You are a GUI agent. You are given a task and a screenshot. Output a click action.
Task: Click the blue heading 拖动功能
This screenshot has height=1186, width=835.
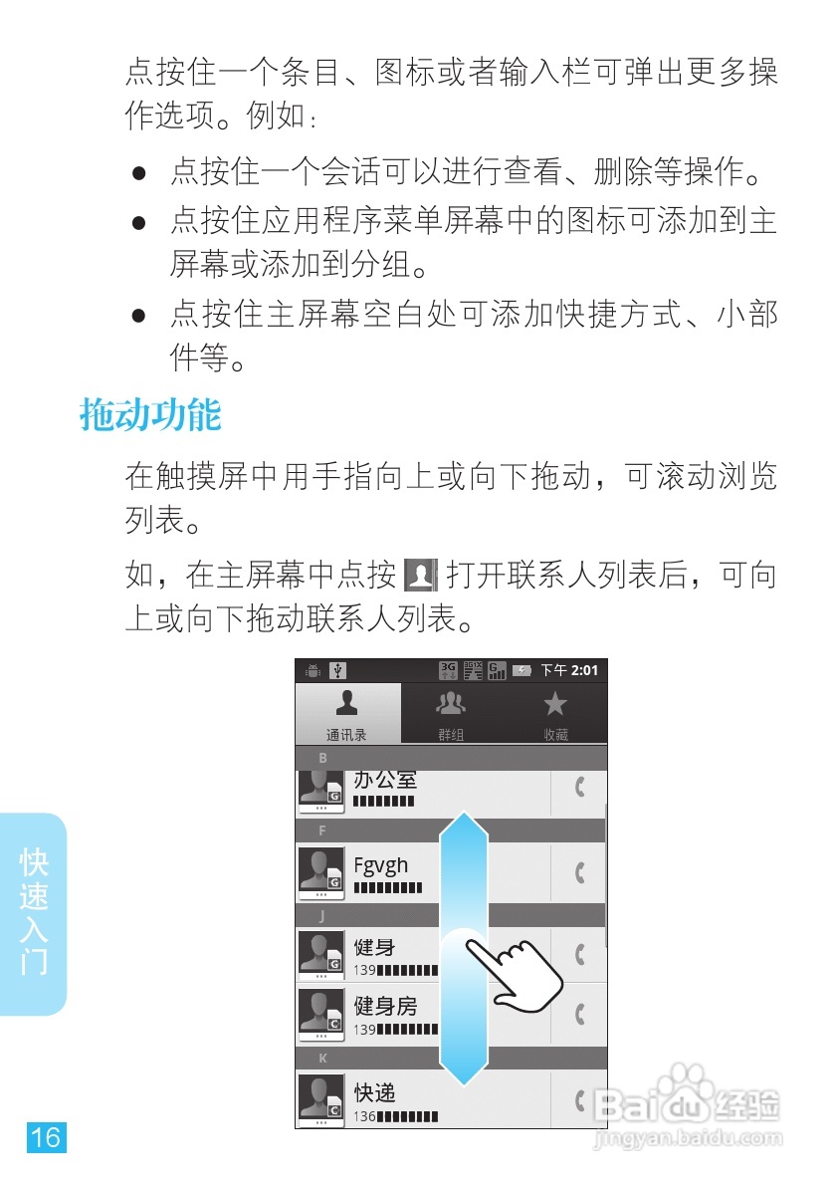(x=149, y=414)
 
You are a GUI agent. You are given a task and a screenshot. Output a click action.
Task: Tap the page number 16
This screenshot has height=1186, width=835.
(x=46, y=1136)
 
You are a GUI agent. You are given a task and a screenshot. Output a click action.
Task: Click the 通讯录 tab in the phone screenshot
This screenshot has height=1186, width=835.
(x=347, y=713)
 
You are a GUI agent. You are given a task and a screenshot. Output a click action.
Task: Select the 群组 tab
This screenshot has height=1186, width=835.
(x=451, y=713)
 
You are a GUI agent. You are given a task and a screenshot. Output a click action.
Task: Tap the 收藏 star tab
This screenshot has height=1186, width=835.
(x=555, y=713)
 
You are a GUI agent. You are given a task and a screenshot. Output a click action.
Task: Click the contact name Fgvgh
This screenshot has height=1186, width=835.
(x=381, y=865)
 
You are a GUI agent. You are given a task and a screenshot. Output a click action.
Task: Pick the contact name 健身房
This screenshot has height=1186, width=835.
(x=385, y=1007)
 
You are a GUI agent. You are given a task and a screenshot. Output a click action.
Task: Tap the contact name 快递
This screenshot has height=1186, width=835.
(x=375, y=1092)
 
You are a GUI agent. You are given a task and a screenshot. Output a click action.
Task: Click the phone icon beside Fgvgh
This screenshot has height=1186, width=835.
(x=579, y=873)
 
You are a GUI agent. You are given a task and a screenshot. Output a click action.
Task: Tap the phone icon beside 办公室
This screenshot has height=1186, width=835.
(x=579, y=788)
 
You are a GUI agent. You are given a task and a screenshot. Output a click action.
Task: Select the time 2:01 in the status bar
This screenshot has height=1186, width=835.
(x=585, y=670)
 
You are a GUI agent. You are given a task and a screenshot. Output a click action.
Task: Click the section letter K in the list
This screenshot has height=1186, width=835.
(x=322, y=1059)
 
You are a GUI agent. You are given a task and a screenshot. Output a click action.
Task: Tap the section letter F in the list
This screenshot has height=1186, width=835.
(x=321, y=830)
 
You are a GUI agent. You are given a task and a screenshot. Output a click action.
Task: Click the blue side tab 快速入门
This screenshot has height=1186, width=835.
(x=34, y=912)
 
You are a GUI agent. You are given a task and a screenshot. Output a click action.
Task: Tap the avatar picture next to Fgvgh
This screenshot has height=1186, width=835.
(x=321, y=872)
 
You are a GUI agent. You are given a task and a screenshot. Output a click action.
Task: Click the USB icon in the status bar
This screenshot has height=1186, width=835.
(x=337, y=670)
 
